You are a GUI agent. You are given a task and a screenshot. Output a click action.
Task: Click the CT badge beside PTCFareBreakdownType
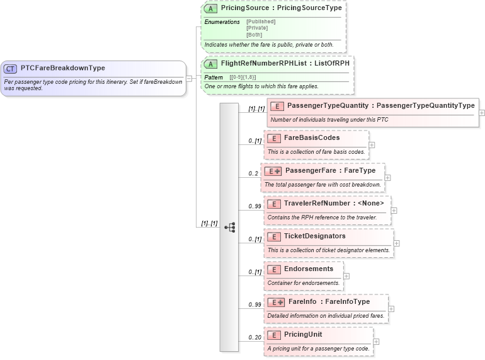point(10,69)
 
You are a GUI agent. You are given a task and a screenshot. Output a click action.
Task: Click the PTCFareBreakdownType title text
point(62,68)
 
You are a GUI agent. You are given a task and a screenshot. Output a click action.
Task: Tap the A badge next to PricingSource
point(210,9)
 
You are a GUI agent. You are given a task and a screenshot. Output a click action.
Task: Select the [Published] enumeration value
point(261,21)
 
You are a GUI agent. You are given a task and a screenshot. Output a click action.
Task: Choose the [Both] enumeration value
point(254,35)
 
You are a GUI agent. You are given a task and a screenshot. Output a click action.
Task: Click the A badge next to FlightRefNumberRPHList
point(210,64)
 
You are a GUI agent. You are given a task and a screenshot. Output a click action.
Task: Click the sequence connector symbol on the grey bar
point(229,227)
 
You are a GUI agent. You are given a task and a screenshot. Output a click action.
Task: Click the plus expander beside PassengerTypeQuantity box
point(482,113)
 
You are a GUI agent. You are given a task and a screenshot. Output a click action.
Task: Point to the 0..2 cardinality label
point(254,173)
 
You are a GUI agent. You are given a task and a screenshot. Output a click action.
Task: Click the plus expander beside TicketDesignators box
point(397,243)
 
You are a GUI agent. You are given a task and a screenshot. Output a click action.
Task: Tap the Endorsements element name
point(309,269)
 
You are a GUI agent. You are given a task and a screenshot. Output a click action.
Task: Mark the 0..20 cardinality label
point(254,337)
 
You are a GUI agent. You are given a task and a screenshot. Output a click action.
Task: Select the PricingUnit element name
point(302,334)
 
